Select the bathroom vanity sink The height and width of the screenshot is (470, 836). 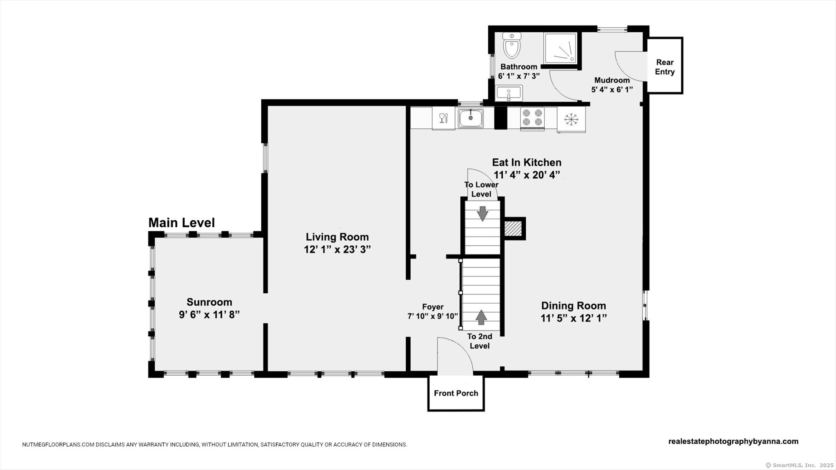click(x=509, y=93)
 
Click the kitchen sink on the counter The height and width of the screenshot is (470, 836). click(x=471, y=118)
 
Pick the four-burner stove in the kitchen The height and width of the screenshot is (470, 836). click(x=532, y=117)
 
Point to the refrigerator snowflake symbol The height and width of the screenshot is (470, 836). click(x=571, y=119)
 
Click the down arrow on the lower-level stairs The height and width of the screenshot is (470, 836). click(x=482, y=213)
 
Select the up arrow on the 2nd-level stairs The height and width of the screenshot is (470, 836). click(x=482, y=317)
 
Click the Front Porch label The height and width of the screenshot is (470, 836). click(x=456, y=393)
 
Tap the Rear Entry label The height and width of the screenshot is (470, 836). click(x=665, y=67)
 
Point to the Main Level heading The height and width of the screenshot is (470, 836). click(x=181, y=223)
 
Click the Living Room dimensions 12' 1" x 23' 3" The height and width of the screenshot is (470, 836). click(x=337, y=249)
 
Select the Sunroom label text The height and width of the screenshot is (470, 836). click(x=209, y=302)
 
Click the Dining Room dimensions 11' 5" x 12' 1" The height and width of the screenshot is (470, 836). click(x=573, y=318)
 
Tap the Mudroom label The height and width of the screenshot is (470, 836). click(x=612, y=80)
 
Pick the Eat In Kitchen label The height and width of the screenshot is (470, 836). click(x=527, y=162)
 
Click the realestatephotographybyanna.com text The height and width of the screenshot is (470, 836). click(x=734, y=441)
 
